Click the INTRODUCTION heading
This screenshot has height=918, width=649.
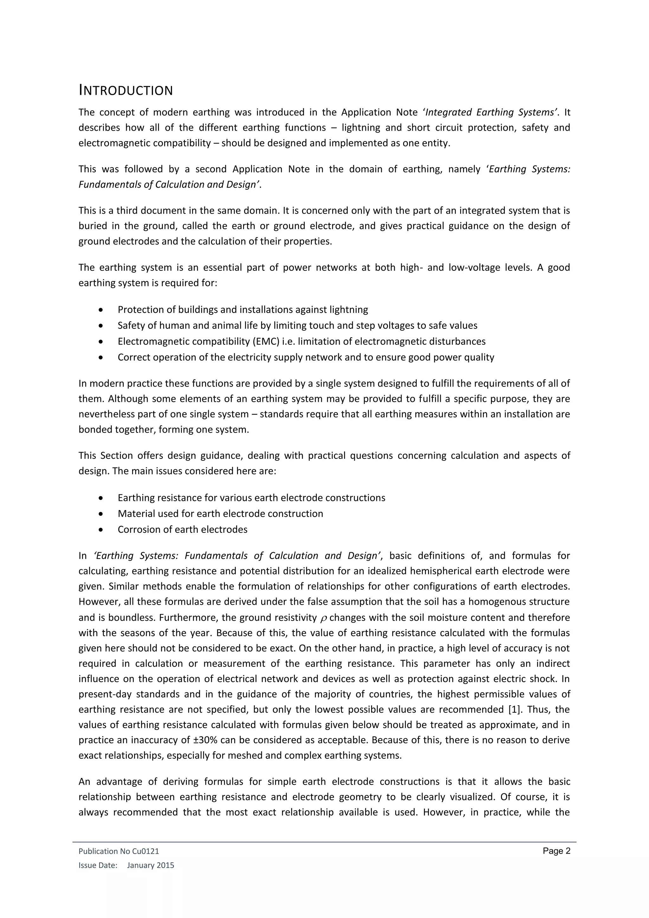coord(125,90)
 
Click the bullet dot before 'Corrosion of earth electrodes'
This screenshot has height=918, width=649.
coord(101,530)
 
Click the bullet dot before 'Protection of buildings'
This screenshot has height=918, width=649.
coord(101,310)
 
